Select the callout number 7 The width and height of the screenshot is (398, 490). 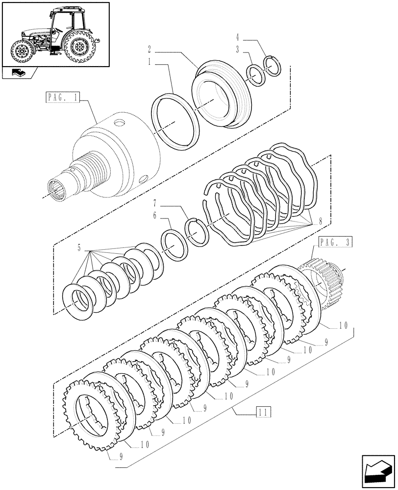tap(154, 202)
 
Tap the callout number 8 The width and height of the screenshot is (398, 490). tap(320, 221)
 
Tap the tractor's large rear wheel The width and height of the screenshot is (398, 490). tap(79, 48)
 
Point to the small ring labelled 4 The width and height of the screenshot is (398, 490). tap(273, 66)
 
